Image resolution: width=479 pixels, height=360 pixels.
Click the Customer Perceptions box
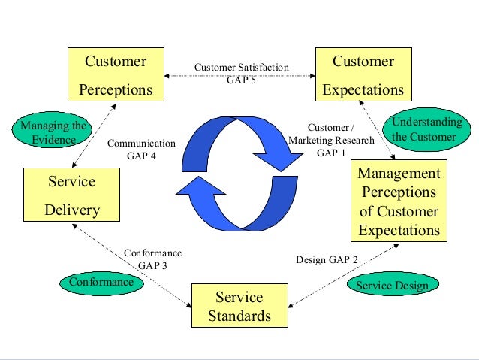115,75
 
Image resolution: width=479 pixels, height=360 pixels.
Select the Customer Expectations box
363,75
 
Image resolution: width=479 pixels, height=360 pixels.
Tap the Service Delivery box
72,196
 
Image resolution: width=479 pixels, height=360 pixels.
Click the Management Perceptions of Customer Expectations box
399,201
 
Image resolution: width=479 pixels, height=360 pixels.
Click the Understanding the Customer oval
424,129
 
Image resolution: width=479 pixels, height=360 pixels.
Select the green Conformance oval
101,283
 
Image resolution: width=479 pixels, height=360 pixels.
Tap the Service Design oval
392,286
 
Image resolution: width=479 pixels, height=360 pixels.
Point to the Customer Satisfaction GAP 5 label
241,74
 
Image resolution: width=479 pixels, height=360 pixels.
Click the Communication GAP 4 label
141,149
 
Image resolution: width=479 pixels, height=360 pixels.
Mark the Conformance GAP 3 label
152,259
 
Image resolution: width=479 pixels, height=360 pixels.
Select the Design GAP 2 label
327,260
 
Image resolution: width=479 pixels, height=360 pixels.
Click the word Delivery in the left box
72,210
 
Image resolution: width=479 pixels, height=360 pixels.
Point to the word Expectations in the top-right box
363,90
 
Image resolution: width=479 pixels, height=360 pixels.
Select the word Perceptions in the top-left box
115,90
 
